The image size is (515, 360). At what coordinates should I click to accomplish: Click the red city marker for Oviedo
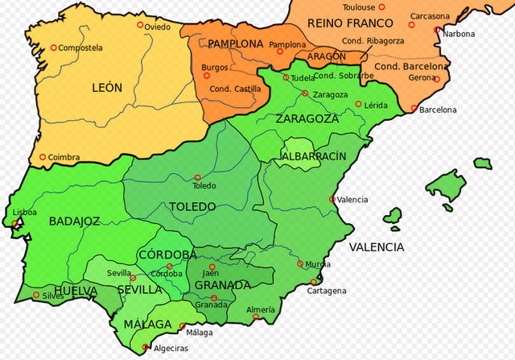click(x=140, y=25)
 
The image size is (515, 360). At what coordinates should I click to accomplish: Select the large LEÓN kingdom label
click(x=108, y=88)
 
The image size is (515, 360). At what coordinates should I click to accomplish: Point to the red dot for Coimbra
click(x=43, y=158)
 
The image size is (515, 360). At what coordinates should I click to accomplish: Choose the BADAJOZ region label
click(x=74, y=221)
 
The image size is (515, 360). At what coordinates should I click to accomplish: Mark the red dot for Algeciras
click(x=146, y=348)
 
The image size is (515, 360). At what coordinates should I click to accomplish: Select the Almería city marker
click(x=256, y=317)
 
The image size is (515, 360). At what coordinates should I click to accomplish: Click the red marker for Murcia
click(x=300, y=263)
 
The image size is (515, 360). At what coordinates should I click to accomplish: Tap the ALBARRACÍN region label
click(x=314, y=155)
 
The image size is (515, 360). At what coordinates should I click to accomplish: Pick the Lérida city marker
click(x=360, y=106)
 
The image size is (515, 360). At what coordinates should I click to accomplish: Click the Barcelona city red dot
click(x=414, y=109)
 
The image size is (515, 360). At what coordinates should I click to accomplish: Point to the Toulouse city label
click(x=359, y=7)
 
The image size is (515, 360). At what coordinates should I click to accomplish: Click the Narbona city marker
click(x=437, y=31)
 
